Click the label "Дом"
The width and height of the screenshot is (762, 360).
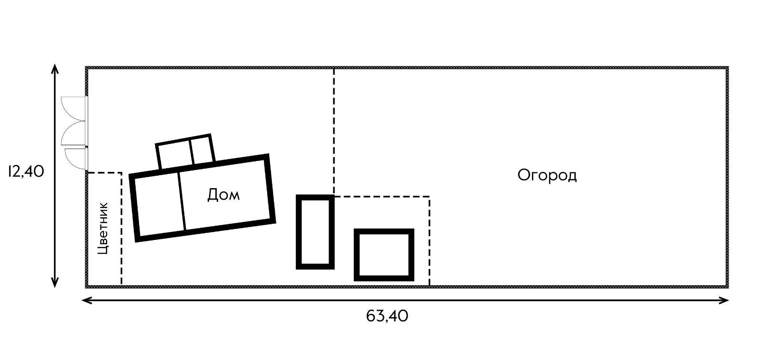click(223, 195)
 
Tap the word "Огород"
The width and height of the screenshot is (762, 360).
click(547, 175)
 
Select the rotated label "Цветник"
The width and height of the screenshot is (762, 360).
click(103, 228)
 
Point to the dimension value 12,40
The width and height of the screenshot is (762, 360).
click(26, 171)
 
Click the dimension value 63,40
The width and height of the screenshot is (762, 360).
click(387, 316)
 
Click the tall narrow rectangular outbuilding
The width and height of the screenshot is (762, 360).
click(315, 232)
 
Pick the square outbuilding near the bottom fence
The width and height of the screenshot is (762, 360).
click(384, 255)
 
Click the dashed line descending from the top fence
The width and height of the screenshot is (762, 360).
click(334, 129)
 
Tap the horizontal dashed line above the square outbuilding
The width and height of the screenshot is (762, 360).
click(381, 196)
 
